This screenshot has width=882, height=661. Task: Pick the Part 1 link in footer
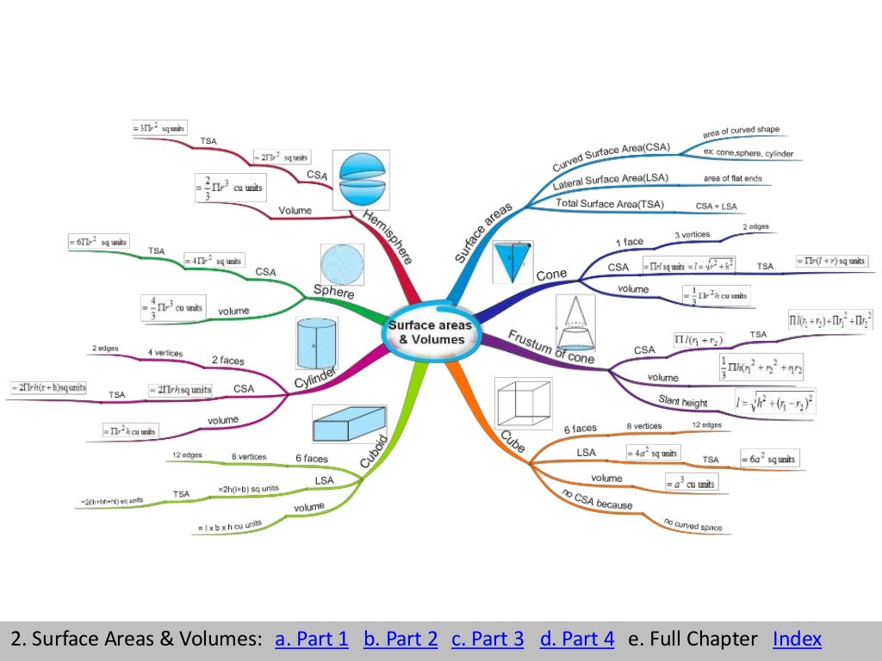[x=312, y=639]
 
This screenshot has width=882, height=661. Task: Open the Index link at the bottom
[x=797, y=639]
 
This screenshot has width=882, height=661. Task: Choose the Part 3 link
[x=488, y=639]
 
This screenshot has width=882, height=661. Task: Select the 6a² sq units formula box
[x=769, y=458]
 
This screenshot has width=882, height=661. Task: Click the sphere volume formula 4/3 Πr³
[x=173, y=307]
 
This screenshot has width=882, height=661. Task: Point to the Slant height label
[x=683, y=401]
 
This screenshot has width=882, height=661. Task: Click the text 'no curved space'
[x=693, y=524]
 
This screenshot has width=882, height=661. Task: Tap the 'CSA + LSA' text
[x=717, y=207]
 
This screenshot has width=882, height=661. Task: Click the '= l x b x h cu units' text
[x=229, y=525]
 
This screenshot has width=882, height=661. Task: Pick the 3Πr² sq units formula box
[x=159, y=127]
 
